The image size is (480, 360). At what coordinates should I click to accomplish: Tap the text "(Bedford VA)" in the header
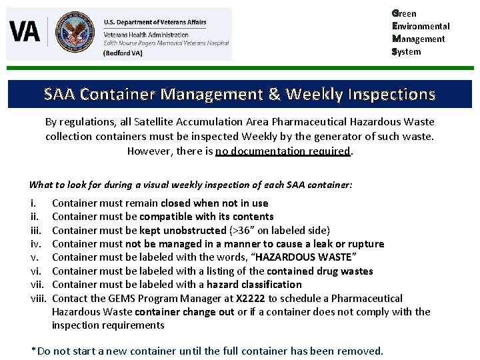click(123, 53)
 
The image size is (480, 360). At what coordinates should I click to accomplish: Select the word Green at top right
click(404, 13)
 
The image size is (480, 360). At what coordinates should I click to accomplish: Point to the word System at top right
click(407, 51)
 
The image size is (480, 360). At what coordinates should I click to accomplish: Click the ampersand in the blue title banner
click(275, 94)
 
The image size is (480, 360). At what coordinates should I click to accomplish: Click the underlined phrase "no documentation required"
click(283, 151)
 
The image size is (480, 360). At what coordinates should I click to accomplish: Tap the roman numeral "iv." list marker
click(36, 244)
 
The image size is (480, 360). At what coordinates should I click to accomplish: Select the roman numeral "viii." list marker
click(39, 299)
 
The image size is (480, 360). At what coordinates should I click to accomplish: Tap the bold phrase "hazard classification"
click(255, 285)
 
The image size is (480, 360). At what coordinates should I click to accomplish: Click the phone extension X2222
click(253, 299)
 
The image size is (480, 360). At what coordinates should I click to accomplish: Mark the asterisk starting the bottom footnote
click(34, 350)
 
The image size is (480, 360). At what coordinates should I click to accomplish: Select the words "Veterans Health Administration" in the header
click(146, 34)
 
